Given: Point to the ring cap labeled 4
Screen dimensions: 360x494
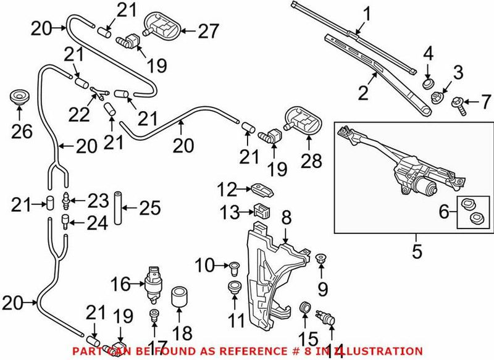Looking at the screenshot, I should coord(427,82).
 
